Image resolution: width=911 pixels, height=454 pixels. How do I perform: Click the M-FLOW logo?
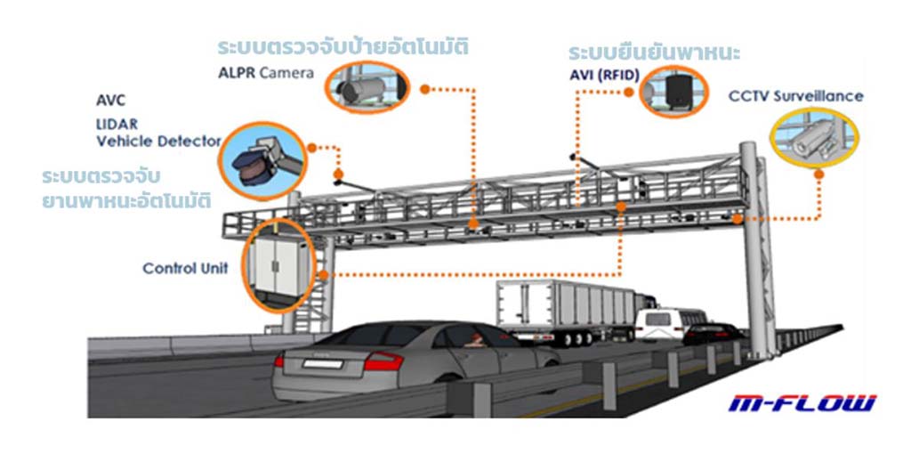(802, 403)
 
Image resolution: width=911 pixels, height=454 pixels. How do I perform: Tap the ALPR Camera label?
(266, 73)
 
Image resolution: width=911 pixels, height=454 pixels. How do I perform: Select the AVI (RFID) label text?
(603, 75)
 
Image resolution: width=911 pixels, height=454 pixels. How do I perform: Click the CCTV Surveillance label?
(795, 95)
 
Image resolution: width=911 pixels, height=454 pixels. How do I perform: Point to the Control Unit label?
(185, 268)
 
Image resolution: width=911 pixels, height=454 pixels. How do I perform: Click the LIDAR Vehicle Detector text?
(157, 134)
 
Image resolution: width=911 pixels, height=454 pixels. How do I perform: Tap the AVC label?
(110, 100)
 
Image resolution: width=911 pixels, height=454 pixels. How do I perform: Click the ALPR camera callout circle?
(366, 86)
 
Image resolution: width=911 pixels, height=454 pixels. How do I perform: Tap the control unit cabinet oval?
(278, 264)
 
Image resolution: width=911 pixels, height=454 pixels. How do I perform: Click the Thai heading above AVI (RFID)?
(654, 52)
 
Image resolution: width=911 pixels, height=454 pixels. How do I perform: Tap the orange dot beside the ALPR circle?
(424, 89)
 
